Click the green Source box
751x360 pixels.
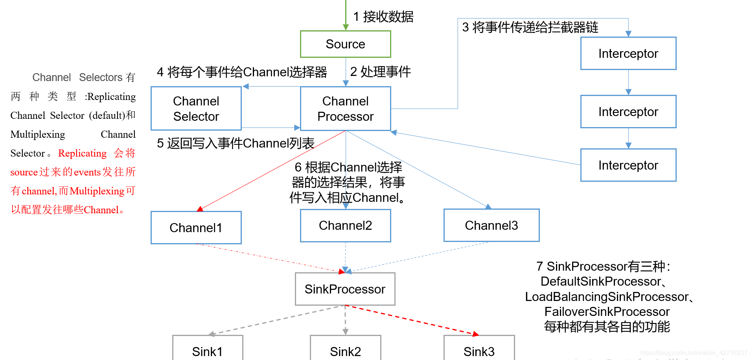coord(345,44)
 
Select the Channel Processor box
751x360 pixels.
coord(345,109)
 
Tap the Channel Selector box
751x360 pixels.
coord(196,109)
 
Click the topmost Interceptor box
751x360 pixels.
coord(628,54)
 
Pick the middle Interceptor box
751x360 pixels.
coord(628,112)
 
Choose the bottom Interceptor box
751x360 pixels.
coord(628,165)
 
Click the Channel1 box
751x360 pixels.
coord(196,228)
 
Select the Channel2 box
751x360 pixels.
coord(345,225)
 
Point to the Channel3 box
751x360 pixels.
coord(491,225)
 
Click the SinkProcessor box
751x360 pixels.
coord(345,289)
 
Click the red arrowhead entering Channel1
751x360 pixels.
coord(200,209)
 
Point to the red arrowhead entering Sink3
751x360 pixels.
coord(475,334)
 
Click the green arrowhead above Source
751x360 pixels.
coord(346,27)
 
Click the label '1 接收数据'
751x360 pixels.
coord(383,17)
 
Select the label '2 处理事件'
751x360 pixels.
coord(380,72)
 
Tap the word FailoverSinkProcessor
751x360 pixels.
coord(607,312)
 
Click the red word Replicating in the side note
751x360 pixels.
coord(82,153)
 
